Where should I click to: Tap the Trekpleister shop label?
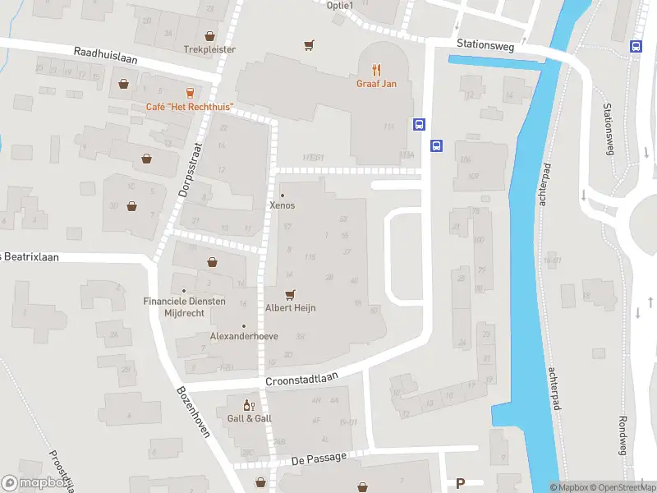point(209,49)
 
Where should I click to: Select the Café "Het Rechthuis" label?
point(190,107)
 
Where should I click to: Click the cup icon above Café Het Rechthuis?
point(190,93)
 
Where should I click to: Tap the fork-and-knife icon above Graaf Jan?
point(377,70)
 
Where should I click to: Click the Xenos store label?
point(283,205)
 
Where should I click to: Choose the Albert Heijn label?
point(289,307)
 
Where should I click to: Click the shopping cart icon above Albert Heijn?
point(289,293)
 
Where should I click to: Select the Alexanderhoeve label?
point(243,336)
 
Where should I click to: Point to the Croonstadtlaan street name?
point(302,381)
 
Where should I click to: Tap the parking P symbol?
point(460,483)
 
